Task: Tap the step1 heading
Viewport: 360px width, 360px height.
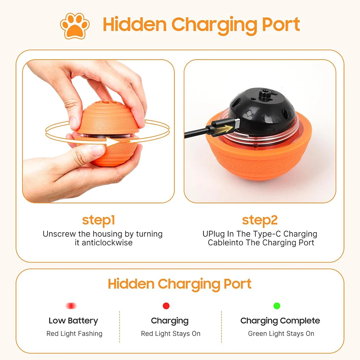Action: point(98,220)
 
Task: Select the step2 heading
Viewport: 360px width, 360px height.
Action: point(260,220)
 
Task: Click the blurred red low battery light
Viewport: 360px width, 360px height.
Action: point(71,306)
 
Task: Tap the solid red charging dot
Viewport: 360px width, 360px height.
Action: point(166,306)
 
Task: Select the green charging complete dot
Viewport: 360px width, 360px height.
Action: point(277,306)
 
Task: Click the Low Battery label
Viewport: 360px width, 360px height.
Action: point(73,320)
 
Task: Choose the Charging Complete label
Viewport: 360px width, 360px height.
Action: point(280,320)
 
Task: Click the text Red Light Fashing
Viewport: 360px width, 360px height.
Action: point(74,334)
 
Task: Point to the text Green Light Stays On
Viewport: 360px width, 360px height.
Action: point(281,334)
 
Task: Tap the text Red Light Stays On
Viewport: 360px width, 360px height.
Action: point(171,334)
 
